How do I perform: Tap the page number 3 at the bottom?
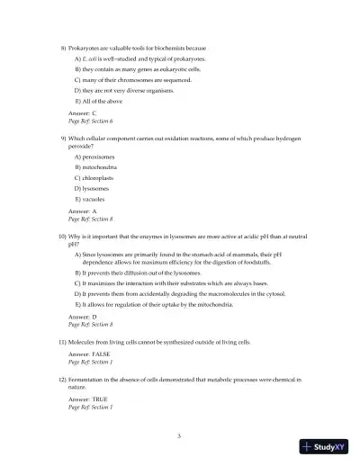tap(179, 435)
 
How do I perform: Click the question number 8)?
tap(63, 47)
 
